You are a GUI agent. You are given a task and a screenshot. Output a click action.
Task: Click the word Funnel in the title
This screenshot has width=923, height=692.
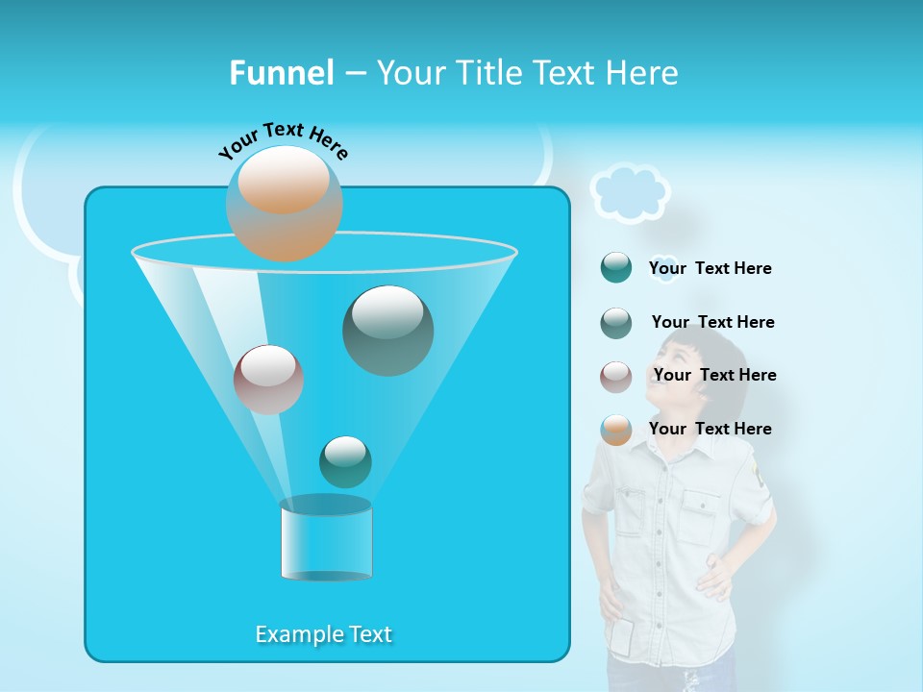pyautogui.click(x=282, y=73)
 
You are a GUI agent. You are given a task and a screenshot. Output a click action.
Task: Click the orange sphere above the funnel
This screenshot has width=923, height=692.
pyautogui.click(x=284, y=203)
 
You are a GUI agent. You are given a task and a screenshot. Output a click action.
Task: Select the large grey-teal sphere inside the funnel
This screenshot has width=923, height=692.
pyautogui.click(x=387, y=331)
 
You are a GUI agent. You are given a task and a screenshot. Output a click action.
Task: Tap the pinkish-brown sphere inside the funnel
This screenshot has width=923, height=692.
pyautogui.click(x=268, y=380)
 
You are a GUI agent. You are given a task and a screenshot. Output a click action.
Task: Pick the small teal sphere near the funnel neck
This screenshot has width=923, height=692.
pyautogui.click(x=345, y=461)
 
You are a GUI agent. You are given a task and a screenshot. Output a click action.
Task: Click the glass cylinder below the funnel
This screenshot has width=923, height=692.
pyautogui.click(x=326, y=540)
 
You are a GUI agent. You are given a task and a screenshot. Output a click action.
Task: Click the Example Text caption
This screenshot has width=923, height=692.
pyautogui.click(x=324, y=634)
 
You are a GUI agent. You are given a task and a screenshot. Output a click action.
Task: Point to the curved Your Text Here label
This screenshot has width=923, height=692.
pyautogui.click(x=283, y=139)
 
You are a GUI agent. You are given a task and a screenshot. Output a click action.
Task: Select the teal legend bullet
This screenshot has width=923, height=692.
pyautogui.click(x=616, y=268)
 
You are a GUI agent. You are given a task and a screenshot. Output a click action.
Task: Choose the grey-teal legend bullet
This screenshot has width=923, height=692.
pyautogui.click(x=616, y=322)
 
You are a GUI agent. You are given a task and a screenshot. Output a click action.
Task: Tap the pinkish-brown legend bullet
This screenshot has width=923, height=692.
pyautogui.click(x=616, y=376)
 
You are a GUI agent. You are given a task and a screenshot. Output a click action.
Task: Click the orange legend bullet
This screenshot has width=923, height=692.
pyautogui.click(x=616, y=430)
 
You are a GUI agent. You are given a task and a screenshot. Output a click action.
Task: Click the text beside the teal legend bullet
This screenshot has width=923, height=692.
pyautogui.click(x=710, y=268)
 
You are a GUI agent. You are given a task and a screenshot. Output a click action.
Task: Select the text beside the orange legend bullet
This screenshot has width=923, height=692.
pyautogui.click(x=710, y=429)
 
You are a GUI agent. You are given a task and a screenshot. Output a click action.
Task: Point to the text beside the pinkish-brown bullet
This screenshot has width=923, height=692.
pyautogui.click(x=714, y=375)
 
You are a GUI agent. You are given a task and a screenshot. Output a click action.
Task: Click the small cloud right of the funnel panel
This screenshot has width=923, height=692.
pyautogui.click(x=630, y=192)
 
